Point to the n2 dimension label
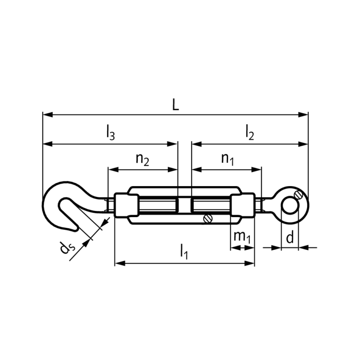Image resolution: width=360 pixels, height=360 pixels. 142,159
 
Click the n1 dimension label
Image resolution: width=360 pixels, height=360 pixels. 227,159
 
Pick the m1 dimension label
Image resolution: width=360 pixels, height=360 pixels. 242,237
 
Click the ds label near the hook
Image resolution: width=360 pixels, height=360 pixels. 66,247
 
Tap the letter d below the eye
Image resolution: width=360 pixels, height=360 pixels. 290,238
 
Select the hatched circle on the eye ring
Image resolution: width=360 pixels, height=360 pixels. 296,195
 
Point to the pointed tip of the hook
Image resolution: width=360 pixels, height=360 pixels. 75,230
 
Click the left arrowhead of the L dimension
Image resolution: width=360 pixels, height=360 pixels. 45,114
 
